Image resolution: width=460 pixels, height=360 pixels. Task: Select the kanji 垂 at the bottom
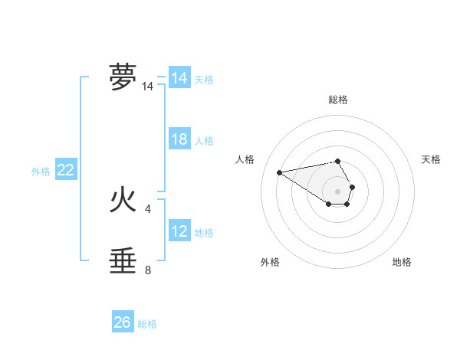pyautogui.click(x=123, y=260)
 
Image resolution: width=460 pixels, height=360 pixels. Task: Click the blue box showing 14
pyautogui.click(x=179, y=78)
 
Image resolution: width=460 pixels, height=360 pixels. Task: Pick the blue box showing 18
pyautogui.click(x=179, y=139)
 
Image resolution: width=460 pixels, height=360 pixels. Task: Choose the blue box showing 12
pyautogui.click(x=179, y=231)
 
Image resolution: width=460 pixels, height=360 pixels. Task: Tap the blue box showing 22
pyautogui.click(x=65, y=170)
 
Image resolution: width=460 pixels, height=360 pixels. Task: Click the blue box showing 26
pyautogui.click(x=123, y=322)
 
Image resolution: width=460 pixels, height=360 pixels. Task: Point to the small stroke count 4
pyautogui.click(x=148, y=208)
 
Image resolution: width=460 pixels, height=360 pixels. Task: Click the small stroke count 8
pyautogui.click(x=148, y=270)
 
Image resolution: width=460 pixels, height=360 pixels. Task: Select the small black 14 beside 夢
pyautogui.click(x=148, y=87)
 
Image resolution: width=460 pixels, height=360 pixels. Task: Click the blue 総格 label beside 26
pyautogui.click(x=147, y=324)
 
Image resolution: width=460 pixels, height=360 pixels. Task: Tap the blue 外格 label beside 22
pyautogui.click(x=41, y=172)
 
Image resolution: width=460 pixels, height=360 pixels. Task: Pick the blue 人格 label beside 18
pyautogui.click(x=204, y=141)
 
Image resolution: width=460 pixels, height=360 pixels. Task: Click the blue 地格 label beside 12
pyautogui.click(x=204, y=233)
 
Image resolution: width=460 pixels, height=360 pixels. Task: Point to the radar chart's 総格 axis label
pyautogui.click(x=337, y=100)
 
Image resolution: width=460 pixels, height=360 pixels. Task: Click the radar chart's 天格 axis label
pyautogui.click(x=432, y=159)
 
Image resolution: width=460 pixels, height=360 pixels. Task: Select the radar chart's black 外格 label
pyautogui.click(x=270, y=262)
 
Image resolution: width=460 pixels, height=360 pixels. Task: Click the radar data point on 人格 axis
pyautogui.click(x=280, y=172)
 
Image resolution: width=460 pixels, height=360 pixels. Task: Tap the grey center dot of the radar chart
pyautogui.click(x=337, y=191)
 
